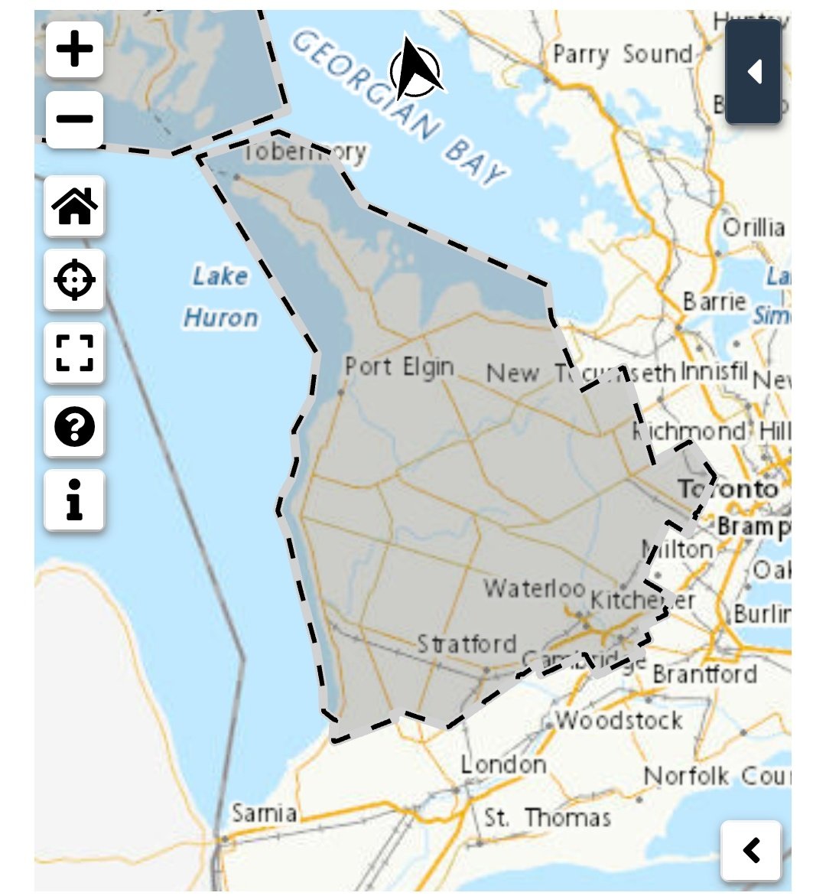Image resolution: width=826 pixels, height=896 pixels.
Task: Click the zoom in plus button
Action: (x=74, y=50)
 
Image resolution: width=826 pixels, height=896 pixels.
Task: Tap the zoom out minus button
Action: (x=74, y=119)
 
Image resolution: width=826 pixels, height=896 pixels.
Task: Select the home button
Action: (x=74, y=206)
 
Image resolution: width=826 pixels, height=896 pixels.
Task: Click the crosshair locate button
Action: (x=74, y=279)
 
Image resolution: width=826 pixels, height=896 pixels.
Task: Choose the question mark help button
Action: (x=74, y=427)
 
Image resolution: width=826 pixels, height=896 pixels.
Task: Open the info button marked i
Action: (x=74, y=500)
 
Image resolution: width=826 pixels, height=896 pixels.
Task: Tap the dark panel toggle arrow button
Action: (x=753, y=72)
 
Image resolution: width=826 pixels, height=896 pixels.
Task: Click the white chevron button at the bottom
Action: (x=751, y=850)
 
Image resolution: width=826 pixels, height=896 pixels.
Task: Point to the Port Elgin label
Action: (x=399, y=367)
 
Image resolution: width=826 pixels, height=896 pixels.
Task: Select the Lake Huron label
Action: (x=220, y=297)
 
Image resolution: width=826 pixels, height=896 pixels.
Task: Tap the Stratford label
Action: (x=467, y=643)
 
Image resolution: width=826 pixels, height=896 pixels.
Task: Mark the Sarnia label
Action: (x=264, y=813)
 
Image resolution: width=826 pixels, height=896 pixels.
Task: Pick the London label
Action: (x=503, y=764)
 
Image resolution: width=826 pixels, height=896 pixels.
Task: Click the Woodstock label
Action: (x=619, y=720)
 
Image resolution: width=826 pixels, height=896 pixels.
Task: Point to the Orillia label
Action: (x=754, y=227)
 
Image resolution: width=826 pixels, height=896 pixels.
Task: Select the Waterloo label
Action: (x=534, y=588)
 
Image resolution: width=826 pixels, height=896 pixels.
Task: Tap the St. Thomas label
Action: (x=548, y=817)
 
